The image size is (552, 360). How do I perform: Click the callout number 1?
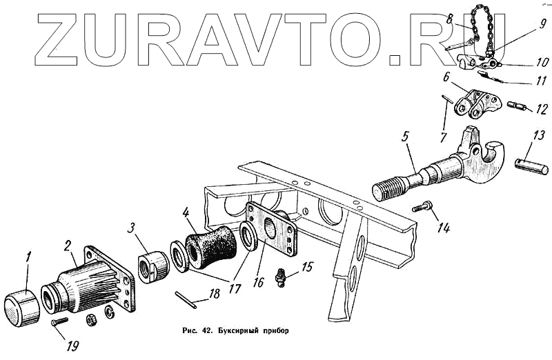[x=28, y=257]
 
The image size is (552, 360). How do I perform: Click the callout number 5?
[x=406, y=136]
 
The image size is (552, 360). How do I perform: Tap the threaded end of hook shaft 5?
[x=390, y=189]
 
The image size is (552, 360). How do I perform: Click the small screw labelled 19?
[x=59, y=321]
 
